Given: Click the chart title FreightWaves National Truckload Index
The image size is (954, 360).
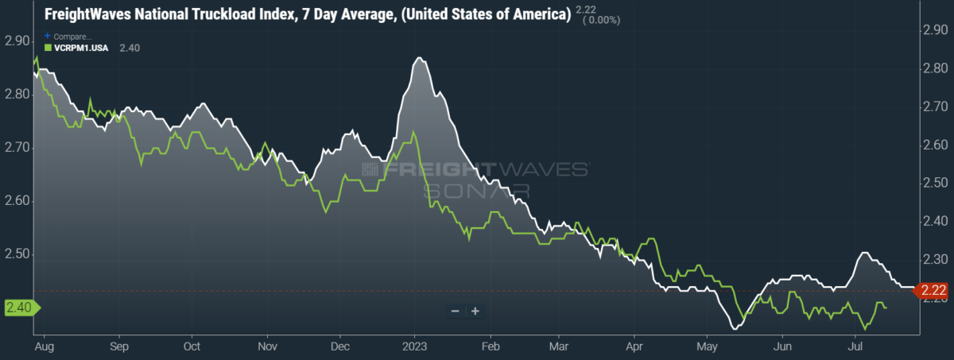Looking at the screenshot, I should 302,15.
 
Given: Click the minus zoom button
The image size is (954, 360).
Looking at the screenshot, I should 456,311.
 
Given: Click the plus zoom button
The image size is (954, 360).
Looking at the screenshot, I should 475,311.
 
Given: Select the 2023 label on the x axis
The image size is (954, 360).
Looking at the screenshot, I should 415,346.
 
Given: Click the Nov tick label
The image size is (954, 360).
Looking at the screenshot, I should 267,346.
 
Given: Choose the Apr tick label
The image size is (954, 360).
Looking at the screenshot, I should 634,346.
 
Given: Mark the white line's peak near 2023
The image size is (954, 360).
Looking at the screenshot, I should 420,58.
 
